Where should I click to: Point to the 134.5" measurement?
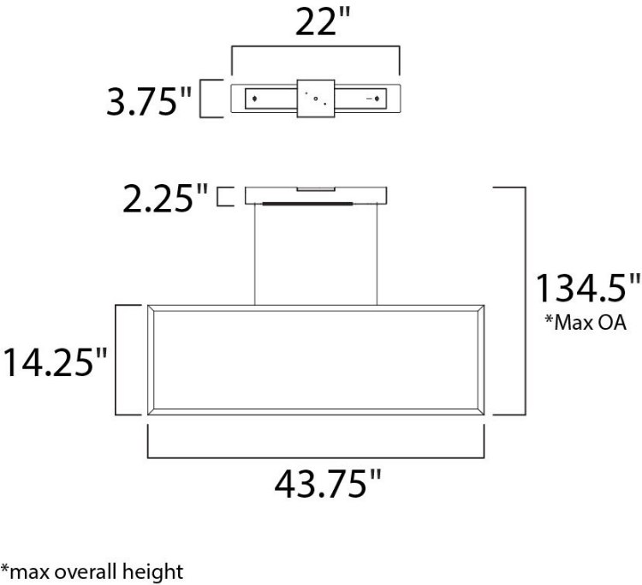(586, 288)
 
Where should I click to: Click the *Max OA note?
(586, 323)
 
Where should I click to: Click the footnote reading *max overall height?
(92, 570)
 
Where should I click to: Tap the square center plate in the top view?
(315, 99)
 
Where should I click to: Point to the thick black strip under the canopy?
(307, 204)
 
